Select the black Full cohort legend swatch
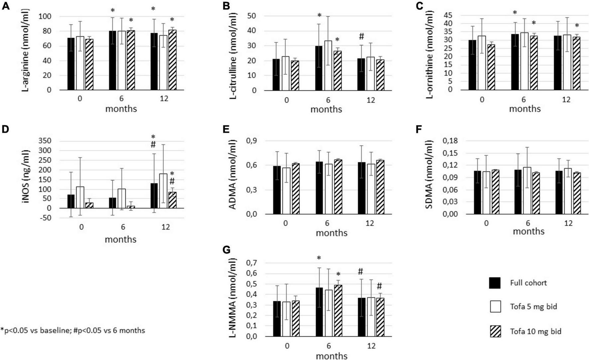click(x=495, y=283)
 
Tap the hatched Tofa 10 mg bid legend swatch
click(x=495, y=331)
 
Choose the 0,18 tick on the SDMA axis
click(x=449, y=141)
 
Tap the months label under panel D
click(x=120, y=239)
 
